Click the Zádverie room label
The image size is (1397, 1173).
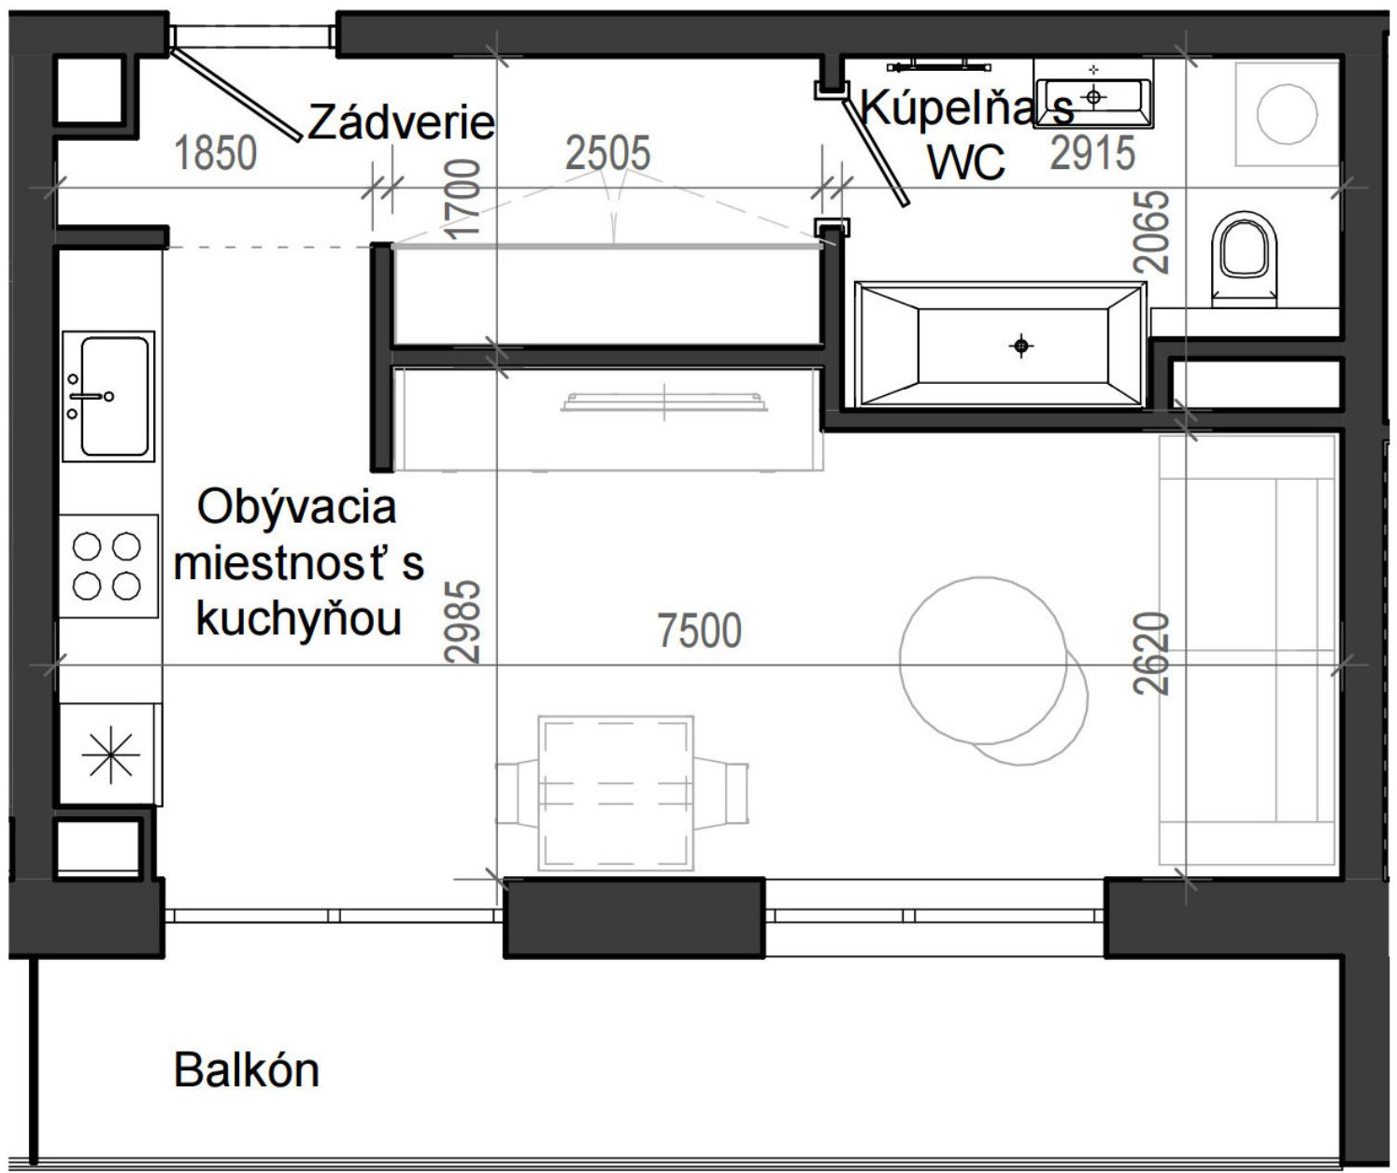(401, 122)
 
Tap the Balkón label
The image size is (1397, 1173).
(247, 1070)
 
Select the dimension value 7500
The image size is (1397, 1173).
(699, 631)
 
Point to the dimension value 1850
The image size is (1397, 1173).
(216, 153)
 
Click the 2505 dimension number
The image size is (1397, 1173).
(607, 153)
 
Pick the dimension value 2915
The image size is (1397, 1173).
(1092, 153)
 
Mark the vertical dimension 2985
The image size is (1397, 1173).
(464, 621)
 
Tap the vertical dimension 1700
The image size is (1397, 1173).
(464, 199)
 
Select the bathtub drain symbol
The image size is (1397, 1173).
(1021, 346)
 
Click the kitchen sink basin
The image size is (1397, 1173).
(114, 396)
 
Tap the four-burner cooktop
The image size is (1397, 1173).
(107, 566)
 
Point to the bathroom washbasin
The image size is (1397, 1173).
(1093, 94)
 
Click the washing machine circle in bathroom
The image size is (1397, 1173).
(1287, 113)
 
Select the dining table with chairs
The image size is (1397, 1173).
(617, 793)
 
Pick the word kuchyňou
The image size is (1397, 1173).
(299, 620)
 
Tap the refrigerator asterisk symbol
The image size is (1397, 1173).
(110, 755)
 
